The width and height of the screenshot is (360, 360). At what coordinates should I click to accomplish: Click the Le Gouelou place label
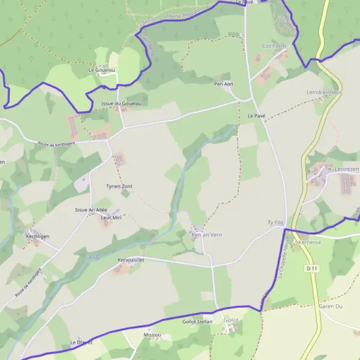pos(101,70)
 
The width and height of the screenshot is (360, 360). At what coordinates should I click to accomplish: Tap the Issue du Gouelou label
pos(121,104)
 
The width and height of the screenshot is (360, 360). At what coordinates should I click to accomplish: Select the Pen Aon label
pos(224,84)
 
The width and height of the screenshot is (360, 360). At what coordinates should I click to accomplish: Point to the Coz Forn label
pos(274,46)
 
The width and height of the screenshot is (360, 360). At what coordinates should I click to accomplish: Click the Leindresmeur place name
pos(324,92)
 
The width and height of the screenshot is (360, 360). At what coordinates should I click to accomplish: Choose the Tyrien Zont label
pos(119,187)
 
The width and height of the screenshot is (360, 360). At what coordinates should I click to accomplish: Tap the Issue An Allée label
pos(90,209)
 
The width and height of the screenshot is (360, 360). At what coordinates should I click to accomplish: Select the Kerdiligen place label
pos(37,236)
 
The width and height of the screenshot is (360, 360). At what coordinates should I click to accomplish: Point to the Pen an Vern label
pos(206,235)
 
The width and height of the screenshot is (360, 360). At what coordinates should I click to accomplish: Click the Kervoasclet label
pos(130,260)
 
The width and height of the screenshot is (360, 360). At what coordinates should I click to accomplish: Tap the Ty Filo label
pos(275,223)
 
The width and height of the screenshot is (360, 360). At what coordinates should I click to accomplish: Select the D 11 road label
pos(310,269)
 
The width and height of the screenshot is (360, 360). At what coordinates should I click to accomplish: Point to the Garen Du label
pos(330,306)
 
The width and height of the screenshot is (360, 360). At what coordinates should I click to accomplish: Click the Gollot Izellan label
pos(197,322)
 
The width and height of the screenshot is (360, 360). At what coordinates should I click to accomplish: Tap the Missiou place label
pos(153,334)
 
